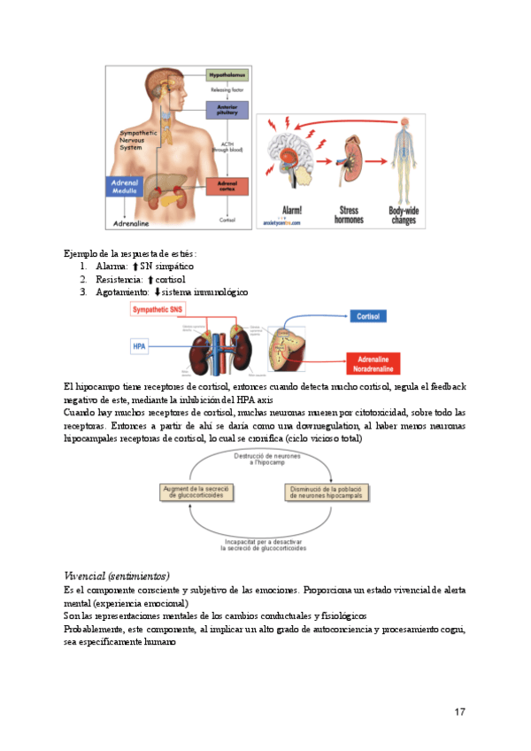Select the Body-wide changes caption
tap(403, 214)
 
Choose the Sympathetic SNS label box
tap(159, 309)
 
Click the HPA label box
tap(139, 346)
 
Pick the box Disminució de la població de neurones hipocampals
tap(326, 492)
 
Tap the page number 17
tap(459, 711)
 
